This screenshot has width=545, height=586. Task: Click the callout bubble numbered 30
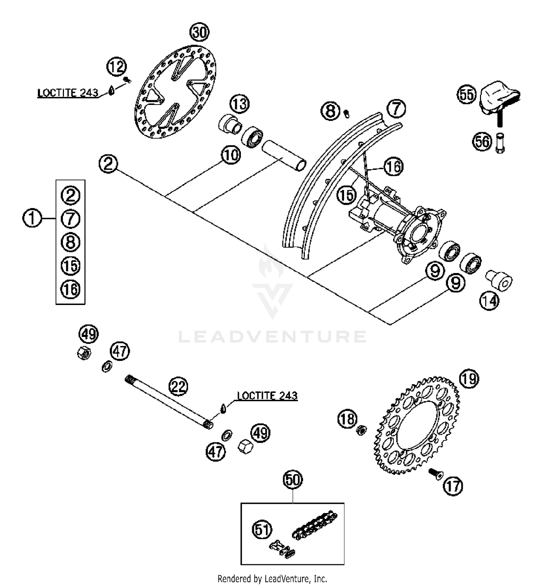[199, 33]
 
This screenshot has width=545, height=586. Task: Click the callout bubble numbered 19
[469, 379]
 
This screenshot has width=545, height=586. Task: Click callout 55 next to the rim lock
[467, 94]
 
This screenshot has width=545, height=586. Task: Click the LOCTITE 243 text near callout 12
[68, 93]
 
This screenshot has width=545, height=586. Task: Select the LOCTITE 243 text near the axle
[267, 395]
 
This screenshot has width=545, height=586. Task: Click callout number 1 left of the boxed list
[32, 219]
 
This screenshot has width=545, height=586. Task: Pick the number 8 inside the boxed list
[70, 242]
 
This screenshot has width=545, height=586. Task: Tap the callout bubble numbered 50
[293, 480]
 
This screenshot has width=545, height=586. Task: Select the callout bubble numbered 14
[489, 301]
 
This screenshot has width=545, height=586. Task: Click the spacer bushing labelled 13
[230, 124]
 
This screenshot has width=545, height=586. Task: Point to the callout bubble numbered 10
[231, 155]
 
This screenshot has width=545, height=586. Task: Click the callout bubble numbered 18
[347, 419]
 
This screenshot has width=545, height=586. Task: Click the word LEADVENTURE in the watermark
[272, 337]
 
